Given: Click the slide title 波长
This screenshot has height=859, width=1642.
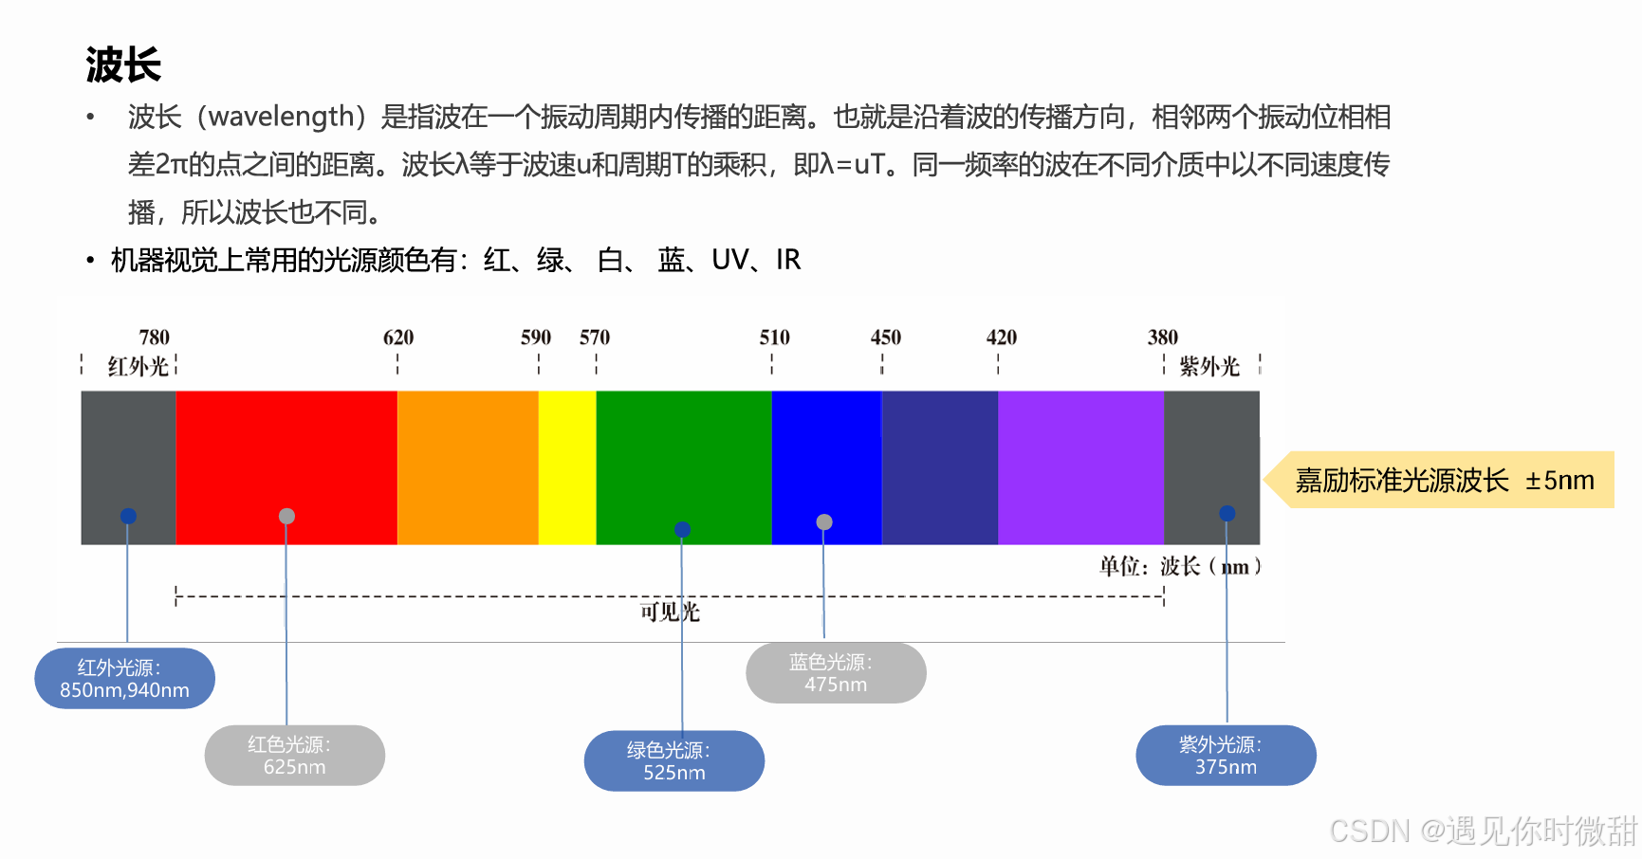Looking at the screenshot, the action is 123,65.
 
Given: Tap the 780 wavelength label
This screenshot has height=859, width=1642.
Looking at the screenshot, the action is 154,338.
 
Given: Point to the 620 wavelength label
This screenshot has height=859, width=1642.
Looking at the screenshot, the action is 398,338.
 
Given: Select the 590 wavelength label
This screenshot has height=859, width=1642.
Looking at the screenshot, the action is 535,338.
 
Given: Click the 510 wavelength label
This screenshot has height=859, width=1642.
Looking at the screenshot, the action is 774,338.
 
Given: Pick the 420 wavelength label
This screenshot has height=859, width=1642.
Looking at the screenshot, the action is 1001,338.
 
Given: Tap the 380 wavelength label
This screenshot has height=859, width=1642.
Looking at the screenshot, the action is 1162,338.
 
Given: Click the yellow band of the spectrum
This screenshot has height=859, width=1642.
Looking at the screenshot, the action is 567,467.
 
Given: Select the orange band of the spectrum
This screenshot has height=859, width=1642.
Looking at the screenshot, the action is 468,467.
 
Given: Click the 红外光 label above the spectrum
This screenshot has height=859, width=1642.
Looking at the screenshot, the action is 138,366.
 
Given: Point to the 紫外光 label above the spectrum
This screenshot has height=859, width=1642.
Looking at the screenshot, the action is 1209,366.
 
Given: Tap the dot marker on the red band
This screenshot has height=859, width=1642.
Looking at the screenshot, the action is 286,516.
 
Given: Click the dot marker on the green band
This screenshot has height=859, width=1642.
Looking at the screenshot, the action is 682,529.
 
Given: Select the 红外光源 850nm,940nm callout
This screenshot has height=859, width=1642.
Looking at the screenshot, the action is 124,678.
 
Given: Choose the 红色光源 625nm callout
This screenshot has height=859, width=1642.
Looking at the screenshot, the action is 294,756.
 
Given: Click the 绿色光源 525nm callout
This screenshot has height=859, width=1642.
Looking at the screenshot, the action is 673,760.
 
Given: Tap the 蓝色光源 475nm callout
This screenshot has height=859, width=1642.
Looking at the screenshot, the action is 836,673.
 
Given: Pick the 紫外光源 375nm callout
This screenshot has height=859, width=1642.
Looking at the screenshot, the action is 1226,756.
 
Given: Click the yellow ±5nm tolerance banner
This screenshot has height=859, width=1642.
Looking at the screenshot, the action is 1443,480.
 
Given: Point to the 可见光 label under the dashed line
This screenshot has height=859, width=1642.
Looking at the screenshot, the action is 669,612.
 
